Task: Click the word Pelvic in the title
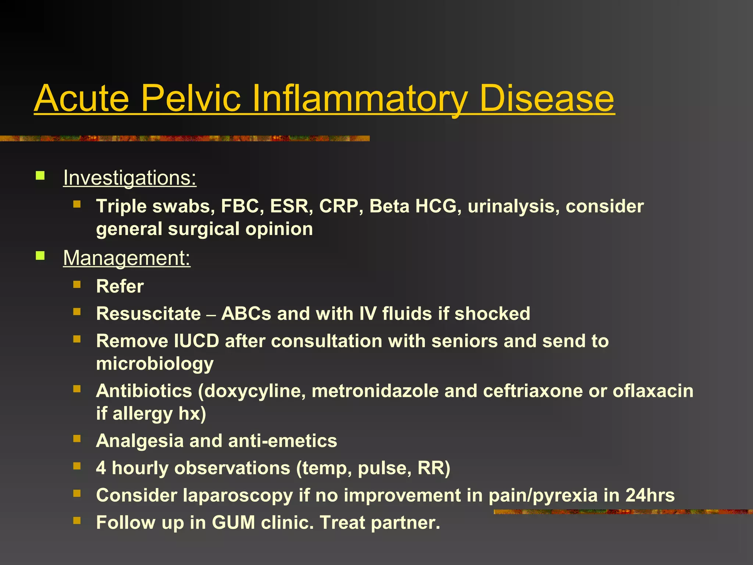(191, 99)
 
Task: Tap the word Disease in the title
(546, 99)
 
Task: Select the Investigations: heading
(130, 178)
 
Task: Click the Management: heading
(127, 258)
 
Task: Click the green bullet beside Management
(40, 255)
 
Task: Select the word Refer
(120, 287)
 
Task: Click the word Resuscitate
(149, 314)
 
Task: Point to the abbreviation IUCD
(197, 341)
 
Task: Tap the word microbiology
(155, 364)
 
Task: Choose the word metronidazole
(375, 391)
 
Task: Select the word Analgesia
(140, 441)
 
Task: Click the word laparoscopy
(238, 495)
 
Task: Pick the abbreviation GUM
(233, 523)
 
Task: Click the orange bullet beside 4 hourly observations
(77, 466)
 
